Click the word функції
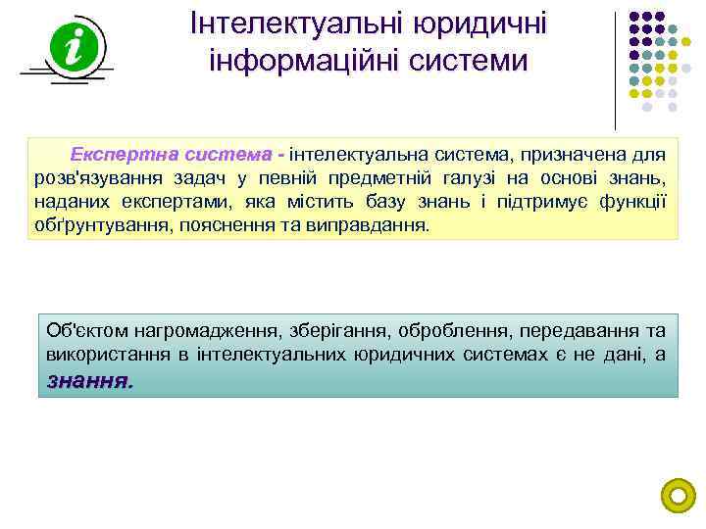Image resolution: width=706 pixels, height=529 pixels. [x=635, y=201]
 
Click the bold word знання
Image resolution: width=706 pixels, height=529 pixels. [x=88, y=380]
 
